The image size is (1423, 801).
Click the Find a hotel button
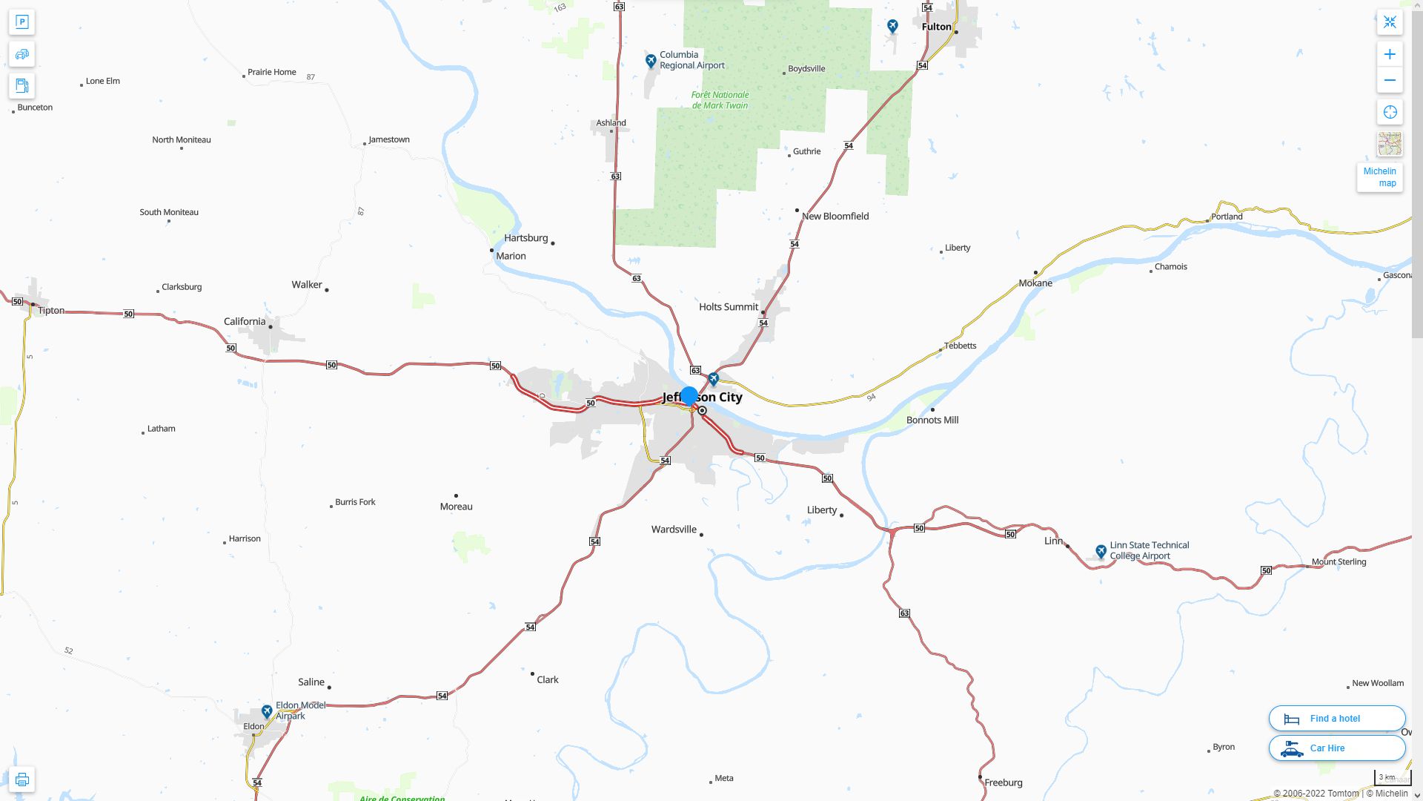(1336, 719)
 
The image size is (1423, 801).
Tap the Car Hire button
(1336, 748)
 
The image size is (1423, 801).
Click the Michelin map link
(1379, 177)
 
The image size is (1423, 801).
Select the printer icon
(21, 779)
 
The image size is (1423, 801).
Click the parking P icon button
(21, 22)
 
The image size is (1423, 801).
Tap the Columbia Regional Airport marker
(651, 61)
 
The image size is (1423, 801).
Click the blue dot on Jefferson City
(689, 396)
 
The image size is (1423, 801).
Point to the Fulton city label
(936, 27)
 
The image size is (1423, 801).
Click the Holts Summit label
(728, 307)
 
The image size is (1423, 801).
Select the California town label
(245, 322)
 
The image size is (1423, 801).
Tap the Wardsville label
(674, 530)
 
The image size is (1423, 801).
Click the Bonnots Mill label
(932, 421)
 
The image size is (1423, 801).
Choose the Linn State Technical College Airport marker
(1101, 551)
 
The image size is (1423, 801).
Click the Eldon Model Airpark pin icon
(267, 711)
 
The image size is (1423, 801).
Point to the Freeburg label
(1003, 782)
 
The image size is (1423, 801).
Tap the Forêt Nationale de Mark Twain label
(720, 100)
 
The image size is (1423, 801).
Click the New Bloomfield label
(835, 217)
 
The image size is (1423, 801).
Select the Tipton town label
(51, 311)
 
